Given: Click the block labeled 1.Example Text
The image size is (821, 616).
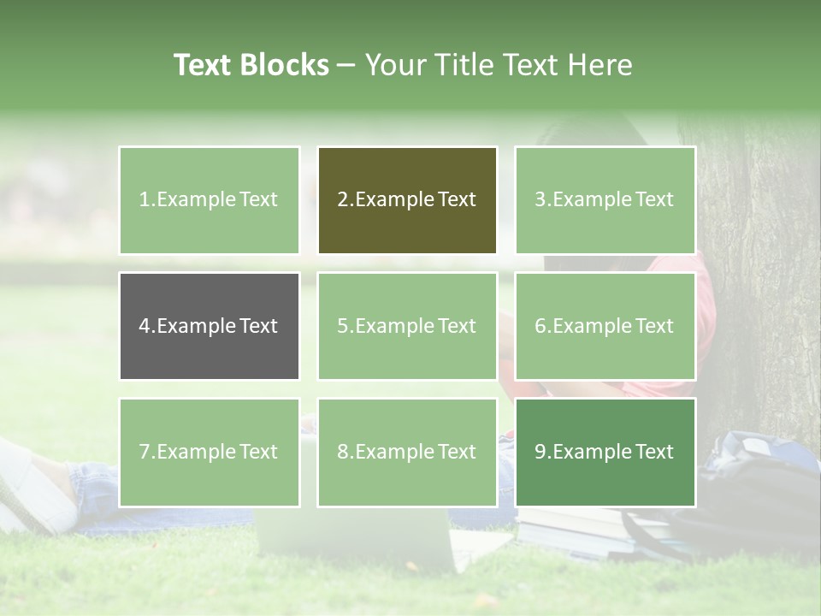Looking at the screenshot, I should click(x=209, y=200).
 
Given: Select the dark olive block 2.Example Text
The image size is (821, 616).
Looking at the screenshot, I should click(x=407, y=200).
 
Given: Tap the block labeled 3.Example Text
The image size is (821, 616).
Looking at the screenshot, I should click(x=605, y=200).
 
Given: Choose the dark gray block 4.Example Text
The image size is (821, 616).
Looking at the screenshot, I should click(x=209, y=326).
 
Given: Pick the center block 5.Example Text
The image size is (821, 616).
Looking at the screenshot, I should click(x=407, y=326).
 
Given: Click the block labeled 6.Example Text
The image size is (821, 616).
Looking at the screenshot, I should click(x=605, y=326).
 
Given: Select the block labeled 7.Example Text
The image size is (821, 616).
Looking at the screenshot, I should click(x=209, y=452).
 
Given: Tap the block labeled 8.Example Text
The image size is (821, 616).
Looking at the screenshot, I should click(x=407, y=452).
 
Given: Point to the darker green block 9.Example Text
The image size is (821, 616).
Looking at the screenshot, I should click(x=605, y=452).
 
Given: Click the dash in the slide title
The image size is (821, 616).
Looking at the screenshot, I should click(x=346, y=65).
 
